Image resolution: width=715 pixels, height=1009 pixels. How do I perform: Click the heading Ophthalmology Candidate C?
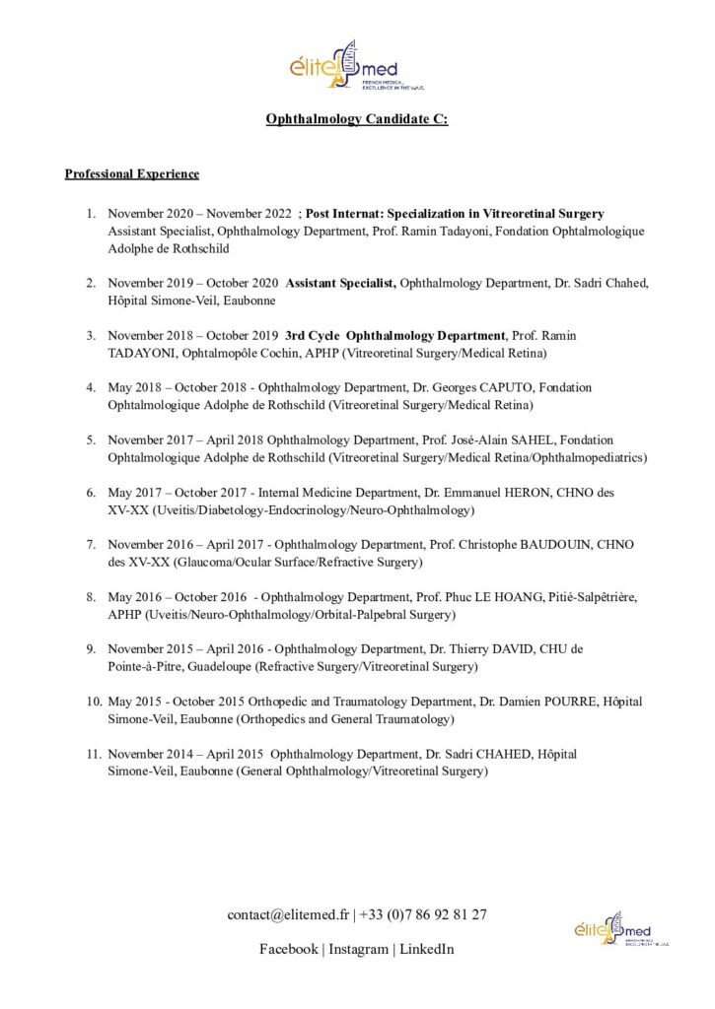(x=356, y=119)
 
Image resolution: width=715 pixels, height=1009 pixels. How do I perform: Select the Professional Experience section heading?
(x=131, y=174)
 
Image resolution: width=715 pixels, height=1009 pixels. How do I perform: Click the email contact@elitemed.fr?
(x=288, y=914)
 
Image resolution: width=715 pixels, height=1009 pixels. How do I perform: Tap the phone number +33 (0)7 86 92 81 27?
(x=423, y=914)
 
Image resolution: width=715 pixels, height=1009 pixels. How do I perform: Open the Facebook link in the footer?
(x=288, y=949)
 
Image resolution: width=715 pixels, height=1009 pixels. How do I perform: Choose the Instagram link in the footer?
(x=358, y=949)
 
